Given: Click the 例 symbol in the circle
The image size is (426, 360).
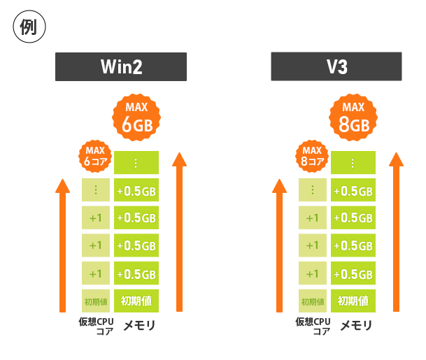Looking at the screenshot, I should tap(29, 28).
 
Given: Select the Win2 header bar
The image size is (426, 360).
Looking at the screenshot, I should tap(121, 67).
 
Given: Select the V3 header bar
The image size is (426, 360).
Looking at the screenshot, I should tap(336, 67).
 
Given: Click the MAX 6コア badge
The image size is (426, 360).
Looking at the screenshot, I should tap(95, 155).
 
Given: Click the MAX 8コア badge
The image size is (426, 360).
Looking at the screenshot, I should tap(312, 155).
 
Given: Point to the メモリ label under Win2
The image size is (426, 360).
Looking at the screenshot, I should tap(139, 325).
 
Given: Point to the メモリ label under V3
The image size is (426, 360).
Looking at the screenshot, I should tap(355, 325).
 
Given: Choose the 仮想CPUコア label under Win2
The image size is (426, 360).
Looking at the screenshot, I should tap(97, 326).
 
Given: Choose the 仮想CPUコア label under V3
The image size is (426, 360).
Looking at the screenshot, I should tap(313, 326).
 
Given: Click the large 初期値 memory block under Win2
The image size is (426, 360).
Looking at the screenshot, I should tap(137, 301).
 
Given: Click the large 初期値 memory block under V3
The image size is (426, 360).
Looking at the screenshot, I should tap(353, 301).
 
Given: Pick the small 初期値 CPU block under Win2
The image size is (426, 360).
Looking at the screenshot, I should tap(96, 301).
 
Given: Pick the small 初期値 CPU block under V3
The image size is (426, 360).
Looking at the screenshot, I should tap(313, 301).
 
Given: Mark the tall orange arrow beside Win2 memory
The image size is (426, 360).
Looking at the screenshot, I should tap(180, 231).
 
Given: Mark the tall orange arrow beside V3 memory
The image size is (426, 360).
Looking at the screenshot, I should tap(397, 231).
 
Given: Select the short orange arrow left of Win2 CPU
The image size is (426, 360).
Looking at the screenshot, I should tap(63, 245).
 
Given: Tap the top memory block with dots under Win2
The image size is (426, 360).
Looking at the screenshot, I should tap(137, 163).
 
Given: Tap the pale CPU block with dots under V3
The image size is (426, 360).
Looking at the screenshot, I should tap(313, 190).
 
